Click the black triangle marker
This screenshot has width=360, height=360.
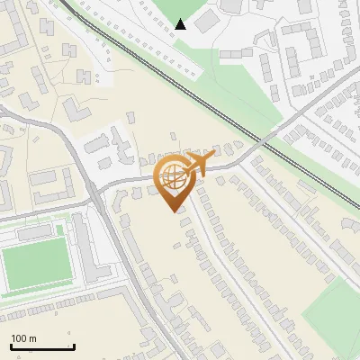click(x=181, y=24)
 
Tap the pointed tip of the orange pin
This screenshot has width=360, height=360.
click(x=173, y=211)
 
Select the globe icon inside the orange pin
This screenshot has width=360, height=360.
click(x=172, y=177)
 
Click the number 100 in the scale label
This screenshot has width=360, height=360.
click(x=20, y=338)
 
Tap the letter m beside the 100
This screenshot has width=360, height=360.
click(x=33, y=338)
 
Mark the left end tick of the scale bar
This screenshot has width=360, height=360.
click(x=11, y=346)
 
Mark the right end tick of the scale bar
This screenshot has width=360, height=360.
click(x=74, y=346)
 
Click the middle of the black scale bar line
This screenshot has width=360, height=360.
click(x=42, y=347)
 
